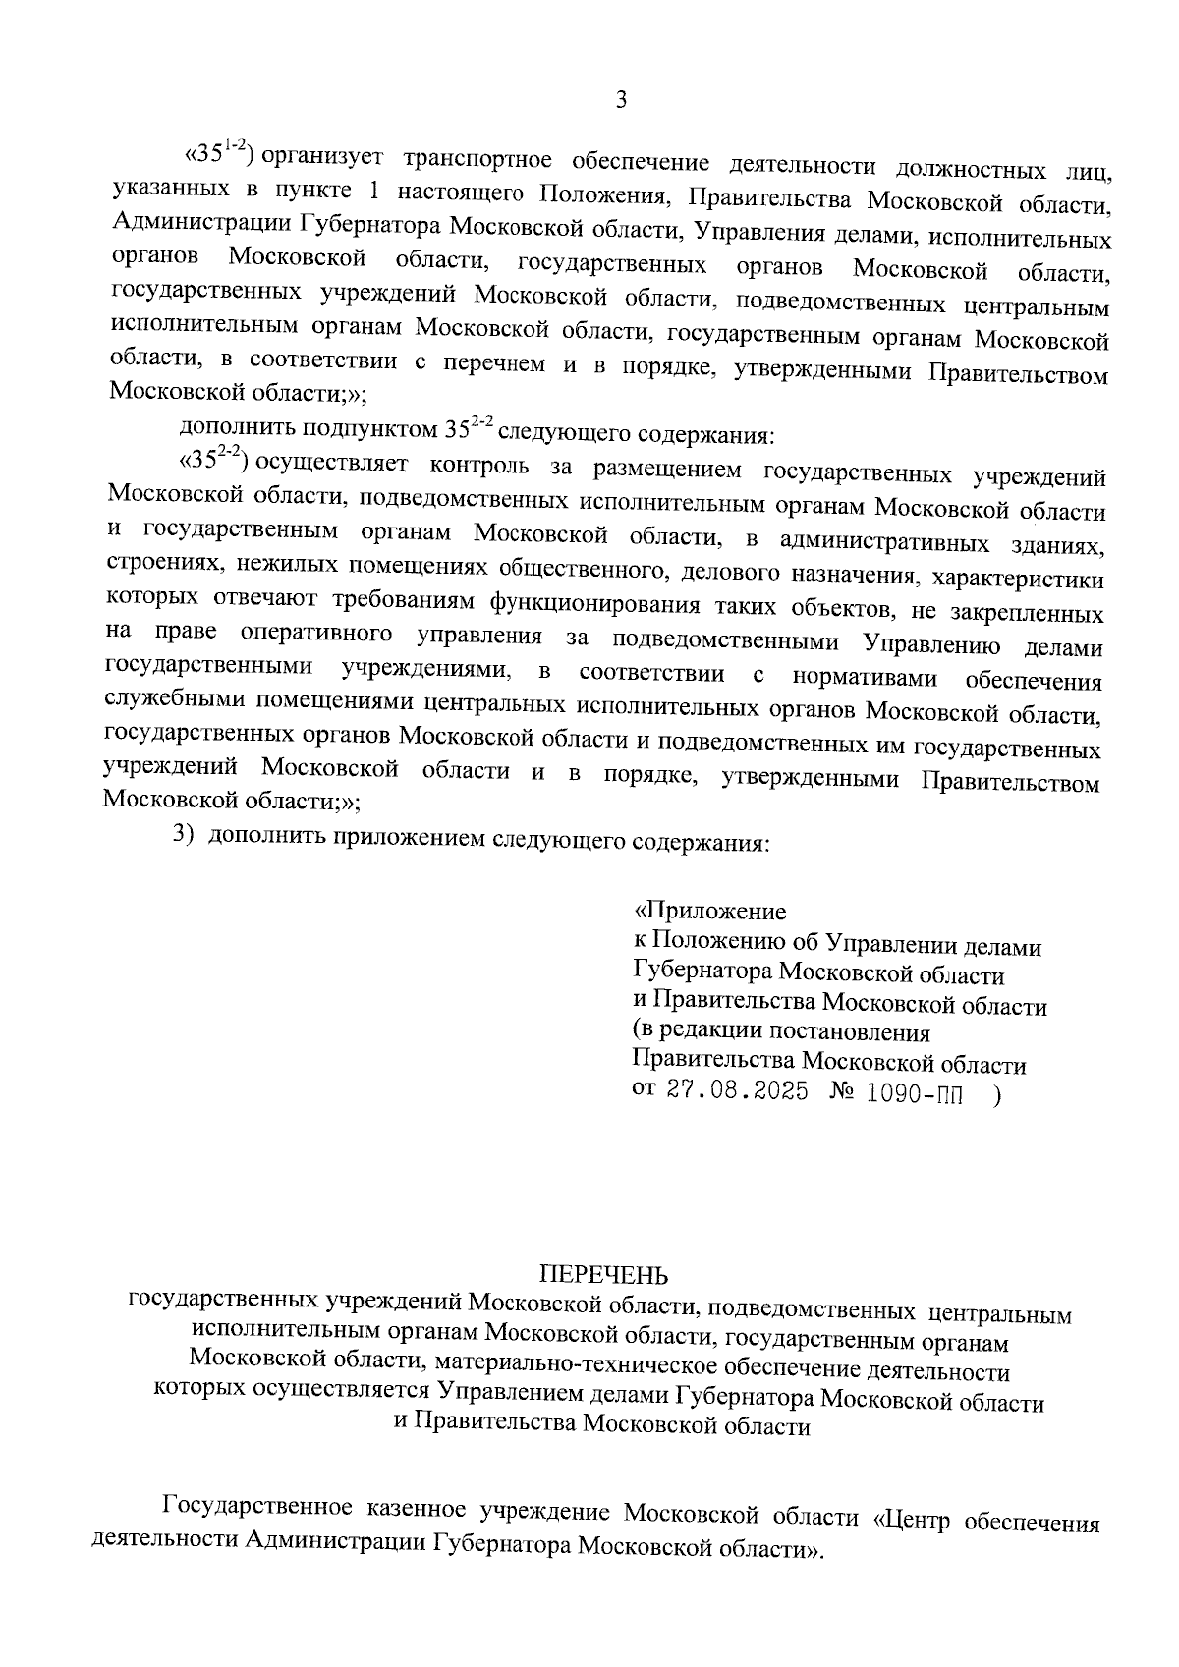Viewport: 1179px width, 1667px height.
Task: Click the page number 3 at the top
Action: (620, 101)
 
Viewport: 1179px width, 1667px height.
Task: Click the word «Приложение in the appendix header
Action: (709, 913)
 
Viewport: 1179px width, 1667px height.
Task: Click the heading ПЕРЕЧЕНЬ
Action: (603, 1276)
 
